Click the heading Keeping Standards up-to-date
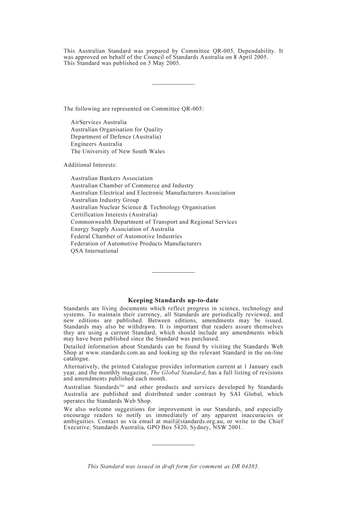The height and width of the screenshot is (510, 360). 173,300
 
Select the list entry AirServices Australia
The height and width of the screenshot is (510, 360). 99,122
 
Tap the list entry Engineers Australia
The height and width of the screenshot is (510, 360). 96,144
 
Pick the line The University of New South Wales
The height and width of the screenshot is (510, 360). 117,151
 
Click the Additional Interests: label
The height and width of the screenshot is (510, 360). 90,165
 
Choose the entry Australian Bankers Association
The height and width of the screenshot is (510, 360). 111,178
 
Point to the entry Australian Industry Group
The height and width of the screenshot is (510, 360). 105,200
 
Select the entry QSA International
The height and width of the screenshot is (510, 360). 94,251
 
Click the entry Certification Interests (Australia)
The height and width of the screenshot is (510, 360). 114,215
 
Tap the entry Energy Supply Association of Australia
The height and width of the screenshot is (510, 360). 122,229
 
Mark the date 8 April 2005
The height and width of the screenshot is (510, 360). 250,57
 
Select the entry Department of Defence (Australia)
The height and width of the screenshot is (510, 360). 116,137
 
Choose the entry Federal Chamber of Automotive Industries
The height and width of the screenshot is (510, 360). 126,236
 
